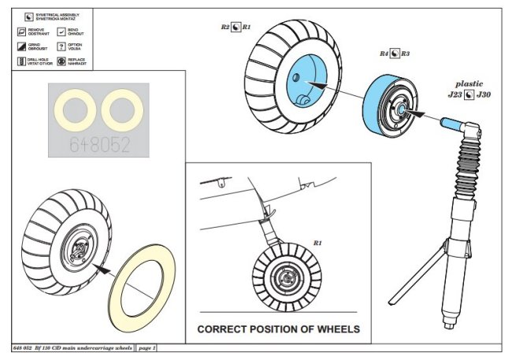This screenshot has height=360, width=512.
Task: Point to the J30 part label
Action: [x=484, y=95]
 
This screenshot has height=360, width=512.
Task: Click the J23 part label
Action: [x=454, y=95]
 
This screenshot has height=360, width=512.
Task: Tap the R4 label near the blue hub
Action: [x=384, y=54]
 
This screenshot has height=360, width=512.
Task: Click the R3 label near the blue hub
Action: [x=405, y=54]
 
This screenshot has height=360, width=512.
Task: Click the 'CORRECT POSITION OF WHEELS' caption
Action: [x=278, y=328]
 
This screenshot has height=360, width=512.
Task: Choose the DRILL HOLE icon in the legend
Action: [x=21, y=60]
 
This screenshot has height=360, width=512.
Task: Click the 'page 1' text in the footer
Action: [x=147, y=347]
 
